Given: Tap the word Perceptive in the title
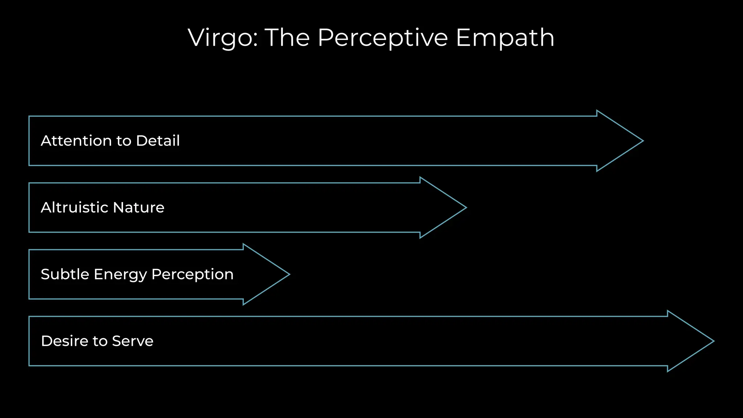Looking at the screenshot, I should tap(383, 38).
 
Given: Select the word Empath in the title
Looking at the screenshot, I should tap(505, 38).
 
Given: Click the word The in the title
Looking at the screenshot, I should tap(287, 38).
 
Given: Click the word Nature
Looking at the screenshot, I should tap(139, 208).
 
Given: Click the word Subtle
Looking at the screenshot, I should tap(65, 274).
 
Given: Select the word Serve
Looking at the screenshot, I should tap(133, 341).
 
